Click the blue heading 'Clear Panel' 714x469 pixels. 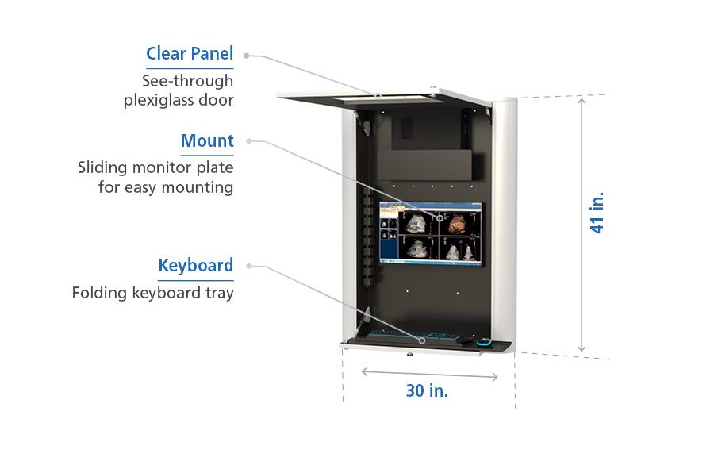coord(189,54)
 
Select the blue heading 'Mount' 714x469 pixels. coord(207,141)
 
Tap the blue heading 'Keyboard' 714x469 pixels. coord(195,266)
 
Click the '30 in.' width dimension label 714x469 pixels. coord(427,390)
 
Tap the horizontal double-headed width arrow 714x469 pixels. coord(429,373)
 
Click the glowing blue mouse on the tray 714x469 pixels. coord(483,343)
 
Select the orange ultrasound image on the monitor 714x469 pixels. coord(459,223)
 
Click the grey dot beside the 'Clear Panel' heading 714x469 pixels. coord(247,56)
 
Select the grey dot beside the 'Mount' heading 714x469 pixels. coord(248,141)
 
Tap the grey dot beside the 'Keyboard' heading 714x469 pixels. coord(248,266)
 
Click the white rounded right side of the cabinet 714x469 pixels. coord(504,222)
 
